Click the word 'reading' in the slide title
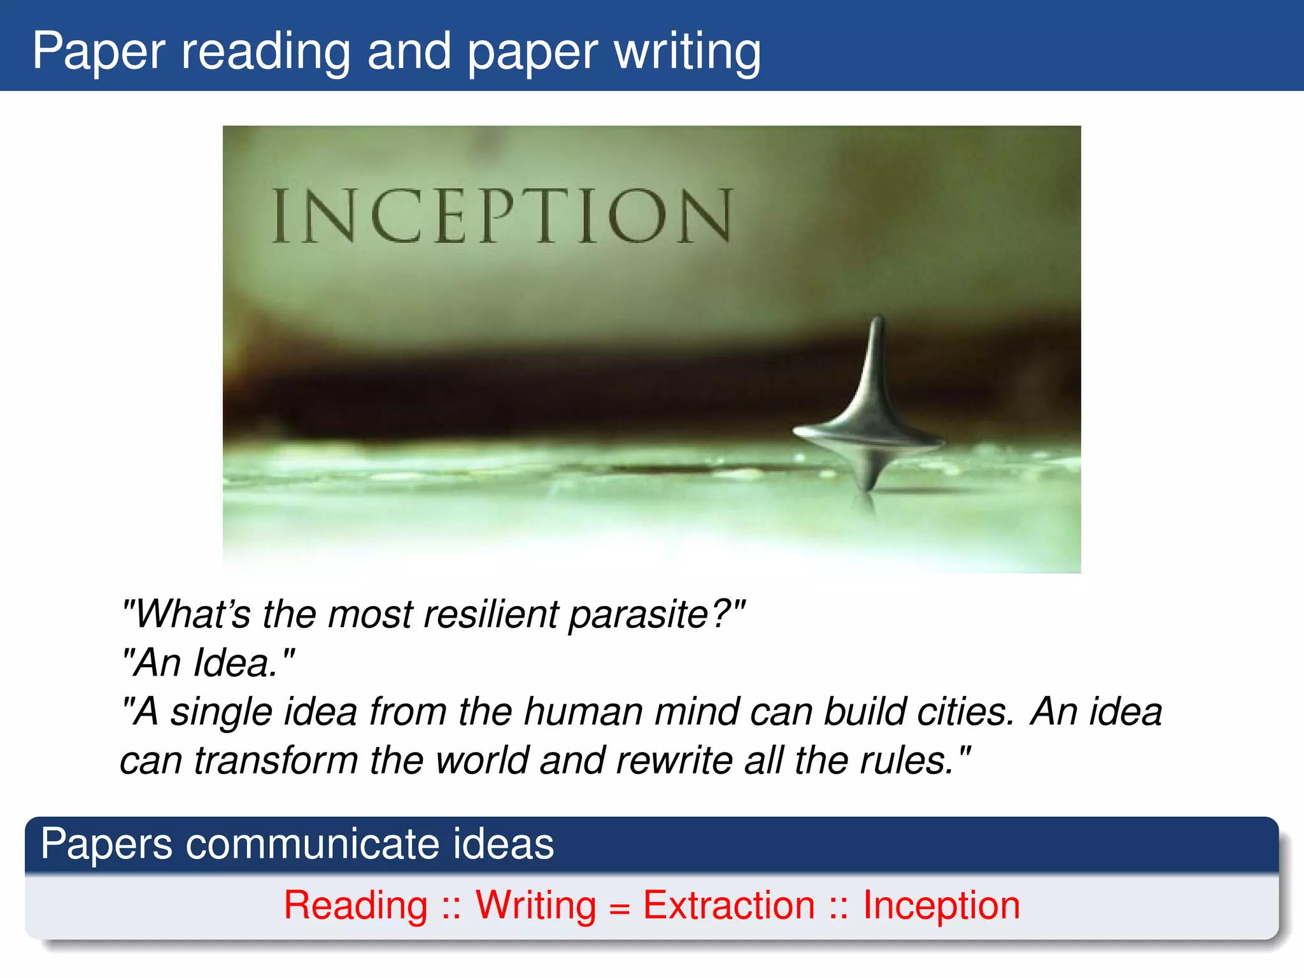266,52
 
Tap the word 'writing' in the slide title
687,52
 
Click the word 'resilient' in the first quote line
490,615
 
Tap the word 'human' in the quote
582,712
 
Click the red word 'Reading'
355,905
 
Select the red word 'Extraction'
728,905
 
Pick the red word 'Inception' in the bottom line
941,905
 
